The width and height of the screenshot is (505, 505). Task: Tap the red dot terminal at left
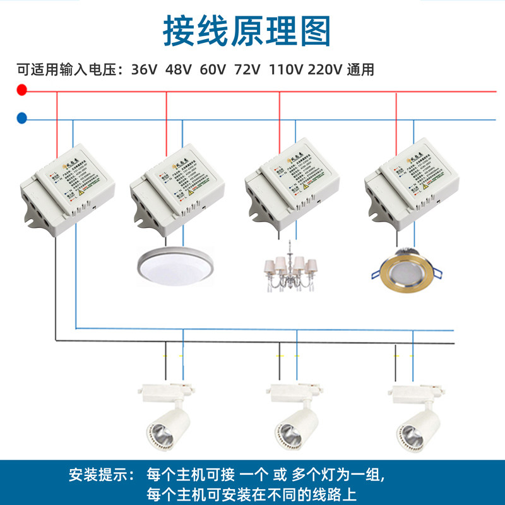22,91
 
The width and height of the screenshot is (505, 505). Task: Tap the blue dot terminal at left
22,117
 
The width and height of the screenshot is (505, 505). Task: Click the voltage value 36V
145,69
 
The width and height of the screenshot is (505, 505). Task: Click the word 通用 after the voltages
360,69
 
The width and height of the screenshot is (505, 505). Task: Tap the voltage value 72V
247,69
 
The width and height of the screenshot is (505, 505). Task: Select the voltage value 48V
178,69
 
